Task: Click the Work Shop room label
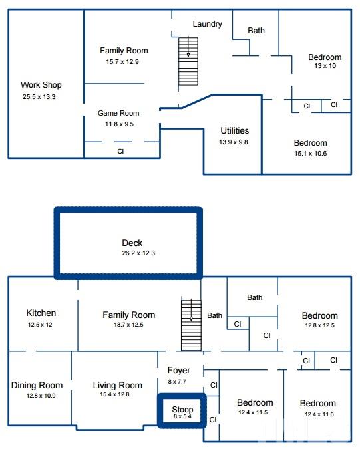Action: pyautogui.click(x=41, y=85)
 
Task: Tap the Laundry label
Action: pyautogui.click(x=207, y=24)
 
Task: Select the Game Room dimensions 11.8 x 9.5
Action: pyautogui.click(x=119, y=124)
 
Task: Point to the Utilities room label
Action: pyautogui.click(x=234, y=130)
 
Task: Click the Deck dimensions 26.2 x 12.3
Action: pyautogui.click(x=138, y=253)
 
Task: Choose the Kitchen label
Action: pyautogui.click(x=41, y=313)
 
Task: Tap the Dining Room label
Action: pyautogui.click(x=37, y=385)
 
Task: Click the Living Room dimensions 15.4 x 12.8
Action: pyautogui.click(x=114, y=394)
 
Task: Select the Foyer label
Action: pyautogui.click(x=179, y=371)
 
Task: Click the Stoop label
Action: pyautogui.click(x=182, y=409)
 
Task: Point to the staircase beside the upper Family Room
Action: pyautogui.click(x=188, y=61)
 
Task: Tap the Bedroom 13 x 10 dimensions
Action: pyautogui.click(x=325, y=66)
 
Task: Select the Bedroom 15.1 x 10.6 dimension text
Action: pyautogui.click(x=311, y=154)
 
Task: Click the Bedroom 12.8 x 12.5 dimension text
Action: pyautogui.click(x=319, y=325)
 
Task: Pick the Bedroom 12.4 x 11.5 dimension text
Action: pyautogui.click(x=253, y=412)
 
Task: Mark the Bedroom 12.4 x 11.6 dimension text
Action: pyautogui.click(x=319, y=414)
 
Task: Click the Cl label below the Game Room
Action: pyautogui.click(x=120, y=151)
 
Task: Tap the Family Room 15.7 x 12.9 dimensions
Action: pyautogui.click(x=122, y=62)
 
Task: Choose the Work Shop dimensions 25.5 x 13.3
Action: pyautogui.click(x=39, y=97)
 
